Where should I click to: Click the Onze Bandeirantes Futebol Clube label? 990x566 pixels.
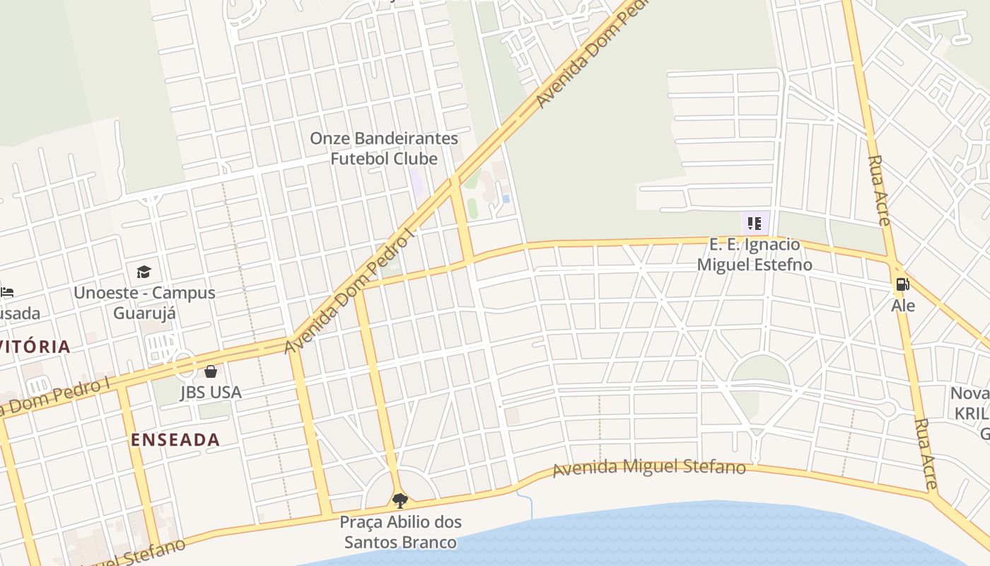tap(384, 148)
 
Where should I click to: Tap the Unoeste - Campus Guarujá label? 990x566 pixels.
tap(144, 302)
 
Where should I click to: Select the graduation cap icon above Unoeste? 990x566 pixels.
tap(144, 272)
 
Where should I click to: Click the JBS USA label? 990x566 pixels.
tap(211, 392)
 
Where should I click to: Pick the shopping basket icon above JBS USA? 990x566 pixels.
tap(211, 371)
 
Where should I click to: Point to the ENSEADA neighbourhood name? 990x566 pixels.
tap(175, 439)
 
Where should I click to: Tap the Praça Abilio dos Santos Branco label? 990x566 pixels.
tap(400, 532)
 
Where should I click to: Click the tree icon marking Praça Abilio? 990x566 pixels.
tap(400, 501)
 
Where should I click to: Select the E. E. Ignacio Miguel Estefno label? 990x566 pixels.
tap(755, 255)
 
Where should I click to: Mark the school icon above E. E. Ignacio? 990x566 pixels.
tap(755, 224)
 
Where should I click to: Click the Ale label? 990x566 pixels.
tap(903, 306)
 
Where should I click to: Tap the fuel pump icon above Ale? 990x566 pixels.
tap(902, 284)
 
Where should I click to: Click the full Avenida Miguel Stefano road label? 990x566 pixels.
tap(649, 468)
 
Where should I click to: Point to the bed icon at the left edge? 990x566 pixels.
tap(6, 291)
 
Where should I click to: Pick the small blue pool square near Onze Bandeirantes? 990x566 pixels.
tap(506, 199)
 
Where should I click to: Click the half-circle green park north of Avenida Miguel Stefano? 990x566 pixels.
tap(759, 371)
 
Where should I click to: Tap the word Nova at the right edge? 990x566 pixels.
tap(969, 393)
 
